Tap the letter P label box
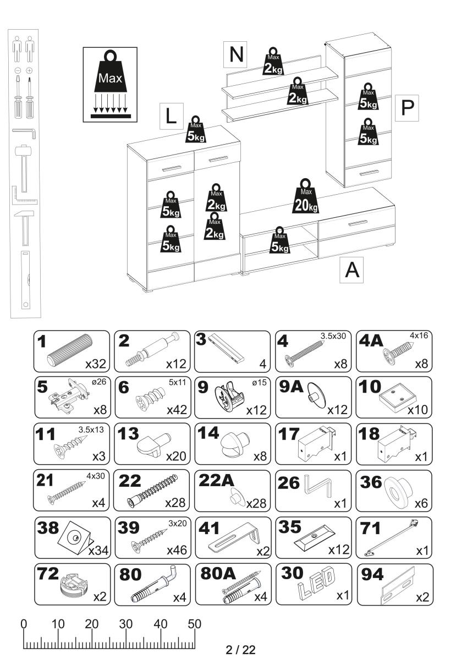point(407,108)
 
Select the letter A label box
point(352,270)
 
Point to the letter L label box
point(172,116)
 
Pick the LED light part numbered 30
point(316,583)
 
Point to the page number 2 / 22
point(241,650)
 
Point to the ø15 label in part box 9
point(259,381)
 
